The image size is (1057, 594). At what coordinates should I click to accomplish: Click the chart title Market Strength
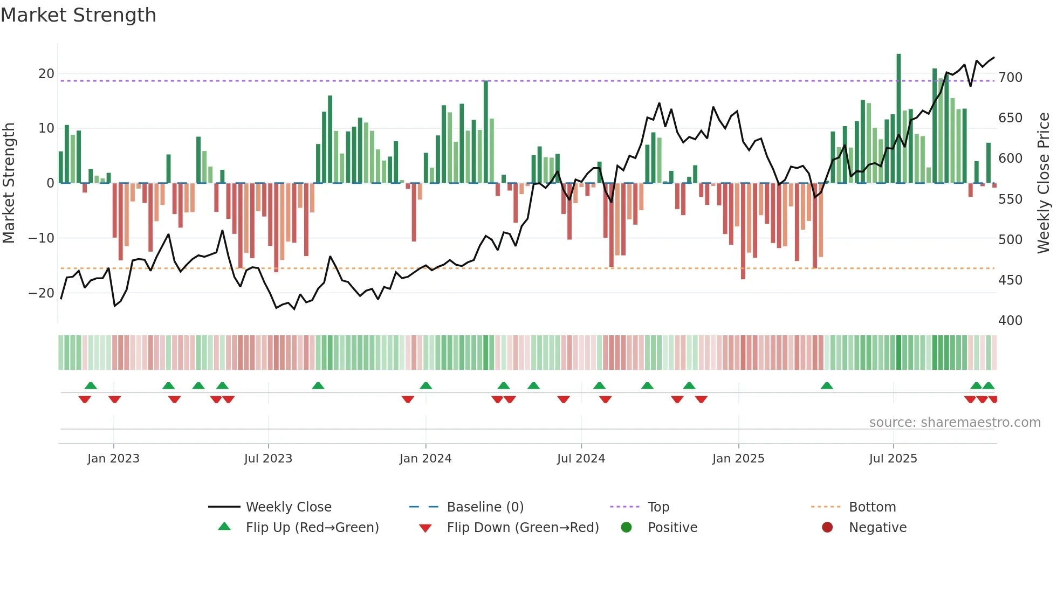tap(78, 15)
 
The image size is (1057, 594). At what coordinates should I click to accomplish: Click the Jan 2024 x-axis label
tap(425, 459)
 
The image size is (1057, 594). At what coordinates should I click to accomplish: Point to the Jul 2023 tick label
tap(268, 459)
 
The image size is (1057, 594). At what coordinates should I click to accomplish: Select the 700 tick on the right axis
tap(1010, 78)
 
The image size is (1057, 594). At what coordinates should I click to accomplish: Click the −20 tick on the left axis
tap(42, 293)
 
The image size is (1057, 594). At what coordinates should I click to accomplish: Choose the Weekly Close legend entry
tap(288, 507)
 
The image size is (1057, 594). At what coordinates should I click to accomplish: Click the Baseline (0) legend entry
tap(485, 507)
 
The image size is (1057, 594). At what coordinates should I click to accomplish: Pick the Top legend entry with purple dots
tap(658, 507)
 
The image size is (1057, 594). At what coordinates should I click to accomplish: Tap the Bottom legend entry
tap(872, 507)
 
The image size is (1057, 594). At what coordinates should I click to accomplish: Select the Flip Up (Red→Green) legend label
tap(312, 528)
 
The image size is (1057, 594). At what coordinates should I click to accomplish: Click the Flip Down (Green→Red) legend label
tap(523, 528)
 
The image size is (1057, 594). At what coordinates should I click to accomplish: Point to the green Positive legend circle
tap(626, 527)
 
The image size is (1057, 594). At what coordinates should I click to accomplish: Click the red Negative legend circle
tap(827, 527)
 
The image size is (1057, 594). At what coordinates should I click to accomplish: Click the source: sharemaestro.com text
tap(955, 423)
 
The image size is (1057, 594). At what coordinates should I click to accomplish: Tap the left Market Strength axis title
tap(9, 183)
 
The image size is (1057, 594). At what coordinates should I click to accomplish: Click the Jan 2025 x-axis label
tap(738, 459)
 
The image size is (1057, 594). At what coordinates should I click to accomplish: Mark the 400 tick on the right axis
tap(1010, 321)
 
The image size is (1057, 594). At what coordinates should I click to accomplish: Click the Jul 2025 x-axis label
tap(893, 459)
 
